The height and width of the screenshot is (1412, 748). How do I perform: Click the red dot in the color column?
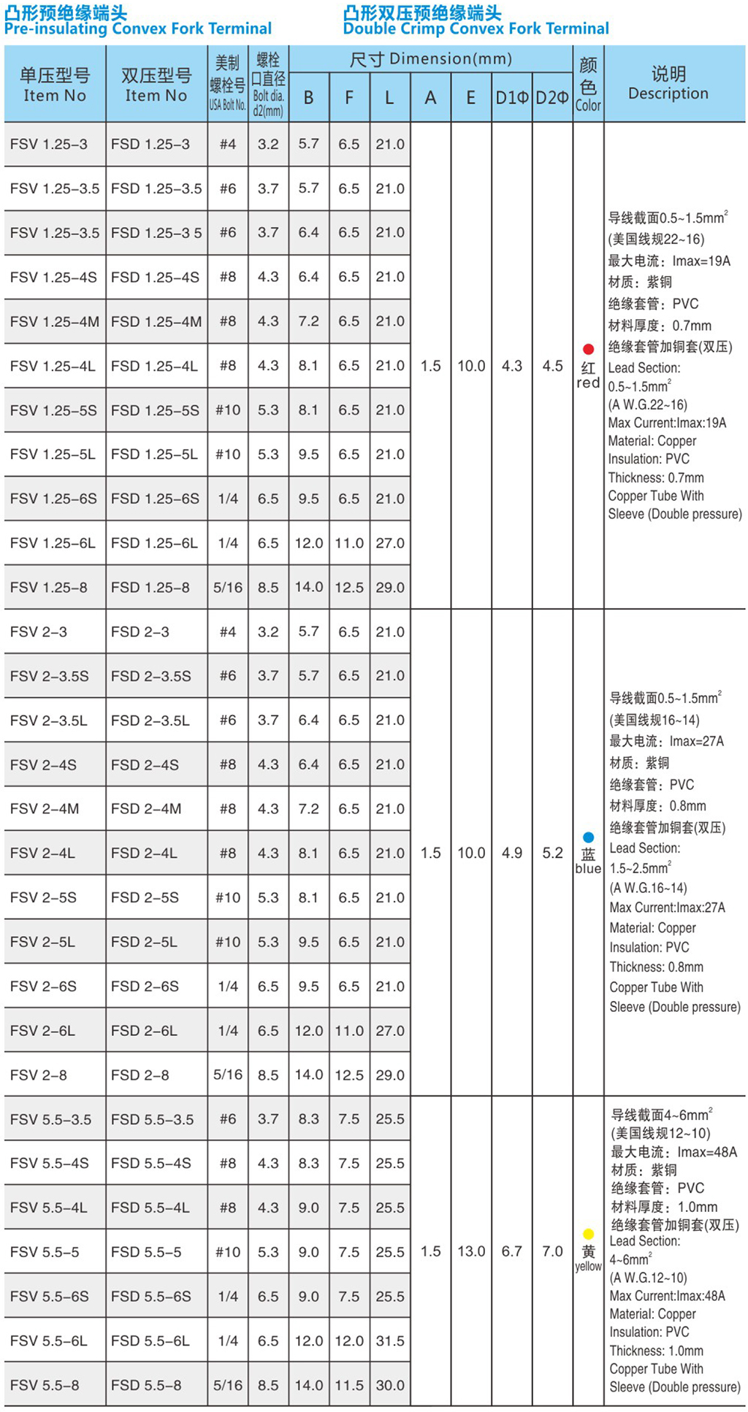point(588,349)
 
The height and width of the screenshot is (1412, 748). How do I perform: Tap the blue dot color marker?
point(588,837)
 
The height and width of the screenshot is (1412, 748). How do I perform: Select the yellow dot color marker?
point(588,1234)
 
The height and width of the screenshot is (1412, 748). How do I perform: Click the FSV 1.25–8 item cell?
point(49,587)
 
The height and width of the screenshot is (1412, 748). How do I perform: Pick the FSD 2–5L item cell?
point(144,942)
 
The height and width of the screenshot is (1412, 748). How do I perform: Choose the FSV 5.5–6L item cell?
point(49,1340)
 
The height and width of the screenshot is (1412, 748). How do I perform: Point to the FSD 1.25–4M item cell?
point(156,321)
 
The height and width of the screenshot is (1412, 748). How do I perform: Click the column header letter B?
point(308,98)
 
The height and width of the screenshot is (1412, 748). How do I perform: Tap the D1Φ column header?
point(511,98)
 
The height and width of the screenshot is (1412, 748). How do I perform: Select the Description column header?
point(668,83)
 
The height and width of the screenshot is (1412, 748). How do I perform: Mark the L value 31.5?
point(390,1340)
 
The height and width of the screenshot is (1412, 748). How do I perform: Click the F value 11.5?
point(349,1385)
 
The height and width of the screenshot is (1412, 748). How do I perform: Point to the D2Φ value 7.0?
point(552,1251)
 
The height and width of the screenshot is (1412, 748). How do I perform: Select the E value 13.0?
point(471,1251)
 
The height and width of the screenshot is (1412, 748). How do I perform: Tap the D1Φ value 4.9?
point(511,853)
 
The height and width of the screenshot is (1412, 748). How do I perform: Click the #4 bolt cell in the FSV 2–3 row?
point(227,632)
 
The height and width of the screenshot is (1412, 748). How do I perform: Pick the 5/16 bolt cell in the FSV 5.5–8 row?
point(227,1385)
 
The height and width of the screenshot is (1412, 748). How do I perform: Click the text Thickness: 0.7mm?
point(656,477)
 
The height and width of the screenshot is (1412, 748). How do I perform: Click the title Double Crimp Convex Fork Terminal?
point(476,29)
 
